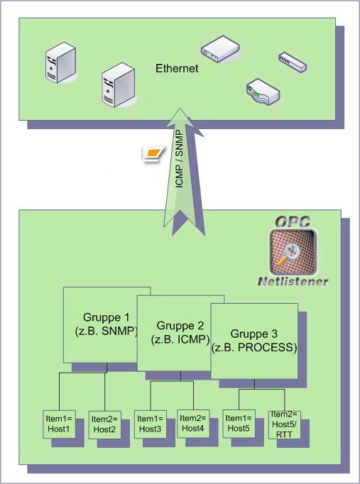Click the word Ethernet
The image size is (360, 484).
pyautogui.click(x=177, y=68)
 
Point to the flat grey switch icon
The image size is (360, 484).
pyautogui.click(x=293, y=61)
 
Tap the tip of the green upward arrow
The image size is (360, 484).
pyautogui.click(x=182, y=110)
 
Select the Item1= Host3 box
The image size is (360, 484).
pyautogui.click(x=151, y=424)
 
